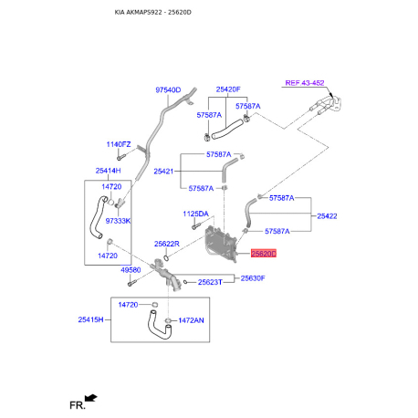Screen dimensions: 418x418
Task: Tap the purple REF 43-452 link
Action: [x=304, y=83]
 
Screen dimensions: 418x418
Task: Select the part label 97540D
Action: [x=168, y=89]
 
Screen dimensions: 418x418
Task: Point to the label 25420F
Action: [x=228, y=89]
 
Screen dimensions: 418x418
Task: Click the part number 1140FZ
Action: [x=119, y=145]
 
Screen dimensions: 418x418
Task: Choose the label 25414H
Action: [x=109, y=171]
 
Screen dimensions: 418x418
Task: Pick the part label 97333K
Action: [x=119, y=221]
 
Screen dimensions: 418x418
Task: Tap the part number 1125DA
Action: [x=196, y=214]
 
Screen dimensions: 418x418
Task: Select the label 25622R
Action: [x=167, y=244]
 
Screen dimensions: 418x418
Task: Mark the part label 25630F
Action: [x=253, y=277]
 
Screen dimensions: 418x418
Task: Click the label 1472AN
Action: [x=192, y=320]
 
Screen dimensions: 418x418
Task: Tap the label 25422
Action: [x=328, y=216]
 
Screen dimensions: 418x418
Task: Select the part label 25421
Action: [x=164, y=171]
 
